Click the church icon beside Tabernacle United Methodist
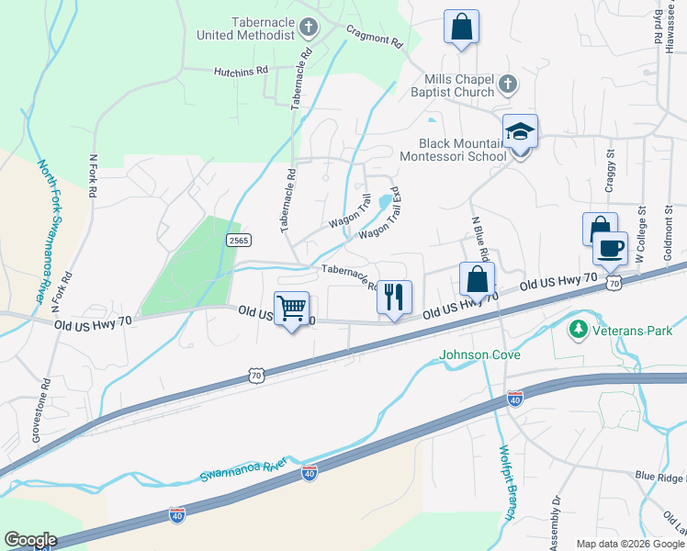(309, 28)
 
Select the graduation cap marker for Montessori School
(520, 132)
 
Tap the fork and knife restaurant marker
(395, 297)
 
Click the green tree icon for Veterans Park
(579, 328)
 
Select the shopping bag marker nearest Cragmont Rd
(461, 27)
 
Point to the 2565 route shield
(238, 239)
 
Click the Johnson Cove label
(480, 355)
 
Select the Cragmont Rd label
(375, 36)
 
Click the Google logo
(30, 540)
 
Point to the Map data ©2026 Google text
(630, 544)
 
